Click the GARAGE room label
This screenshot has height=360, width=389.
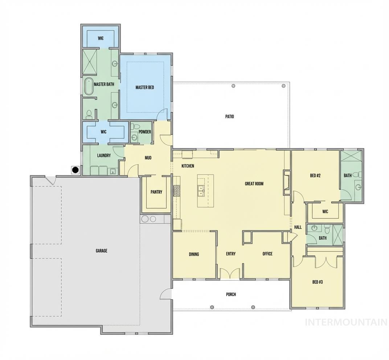click(101, 251)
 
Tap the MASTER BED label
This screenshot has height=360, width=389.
click(145, 87)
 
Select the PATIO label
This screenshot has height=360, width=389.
click(229, 117)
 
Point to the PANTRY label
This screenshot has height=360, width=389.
click(156, 192)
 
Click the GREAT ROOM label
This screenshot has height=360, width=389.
click(254, 184)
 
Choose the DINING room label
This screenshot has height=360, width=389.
click(194, 254)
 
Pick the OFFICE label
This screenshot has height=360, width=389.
click(267, 254)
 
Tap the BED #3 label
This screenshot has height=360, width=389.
click(318, 282)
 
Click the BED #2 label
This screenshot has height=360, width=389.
click(315, 176)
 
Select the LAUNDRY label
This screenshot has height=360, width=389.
click(104, 156)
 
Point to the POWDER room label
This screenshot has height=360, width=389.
click(144, 132)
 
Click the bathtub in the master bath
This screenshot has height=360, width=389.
click(89, 86)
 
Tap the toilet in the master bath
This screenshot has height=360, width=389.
click(89, 115)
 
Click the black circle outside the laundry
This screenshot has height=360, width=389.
click(75, 169)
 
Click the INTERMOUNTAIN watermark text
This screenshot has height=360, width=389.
click(346, 322)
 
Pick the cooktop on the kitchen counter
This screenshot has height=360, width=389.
click(177, 191)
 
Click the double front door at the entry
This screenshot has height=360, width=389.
click(230, 273)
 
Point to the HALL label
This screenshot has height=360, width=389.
click(298, 227)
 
